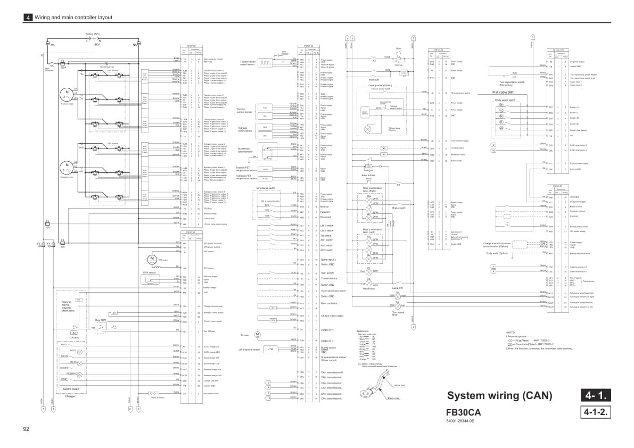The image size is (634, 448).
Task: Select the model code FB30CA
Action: coord(464,412)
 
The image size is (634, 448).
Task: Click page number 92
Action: coord(26,429)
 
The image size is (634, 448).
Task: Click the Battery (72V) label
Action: coord(93,34)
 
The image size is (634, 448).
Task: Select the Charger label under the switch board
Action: coord(70,395)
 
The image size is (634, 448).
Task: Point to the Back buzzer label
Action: coord(368,175)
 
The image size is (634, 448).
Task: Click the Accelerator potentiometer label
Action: coord(246,151)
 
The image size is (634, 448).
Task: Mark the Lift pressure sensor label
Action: coord(249,350)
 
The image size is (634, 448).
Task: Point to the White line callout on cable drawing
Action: coord(399,385)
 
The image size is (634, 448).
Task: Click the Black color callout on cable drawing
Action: coord(394,397)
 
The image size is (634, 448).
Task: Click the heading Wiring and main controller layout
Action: coord(73,17)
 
